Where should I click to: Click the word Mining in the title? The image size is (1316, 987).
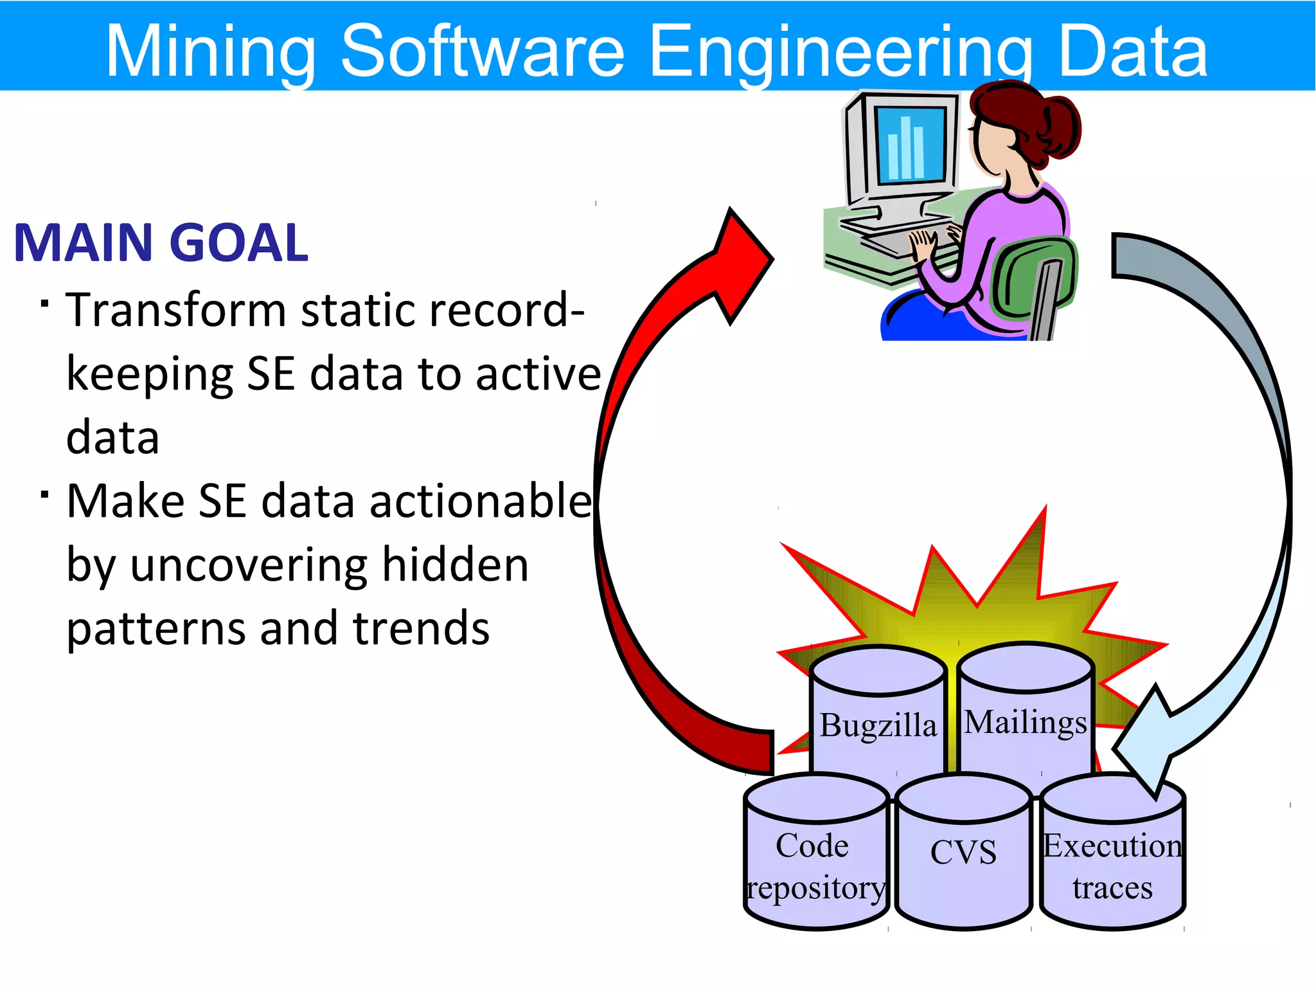[210, 51]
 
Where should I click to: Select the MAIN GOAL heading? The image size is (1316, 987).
[161, 243]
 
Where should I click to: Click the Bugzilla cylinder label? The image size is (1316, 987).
[878, 725]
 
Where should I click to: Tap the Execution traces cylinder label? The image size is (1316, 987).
[1112, 867]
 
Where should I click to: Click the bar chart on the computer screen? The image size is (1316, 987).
[906, 148]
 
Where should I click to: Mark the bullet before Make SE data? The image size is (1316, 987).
[44, 494]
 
